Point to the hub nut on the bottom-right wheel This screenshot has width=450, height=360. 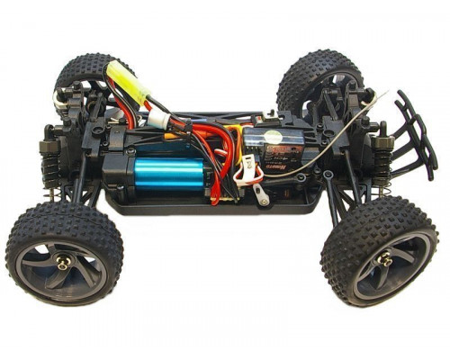coord(385,260)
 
